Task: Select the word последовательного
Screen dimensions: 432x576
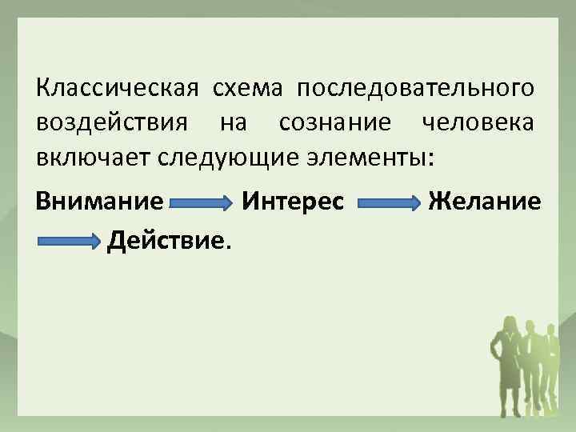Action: [x=417, y=86]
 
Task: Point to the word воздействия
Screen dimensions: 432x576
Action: [x=112, y=124]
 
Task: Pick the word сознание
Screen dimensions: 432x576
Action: [x=336, y=124]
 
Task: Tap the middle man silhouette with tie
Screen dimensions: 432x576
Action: [x=530, y=360]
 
